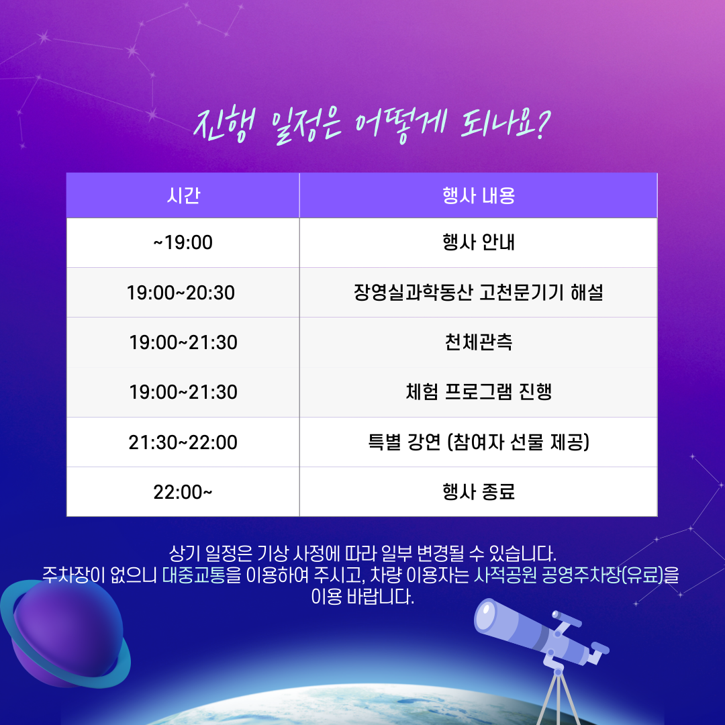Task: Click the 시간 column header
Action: (183, 195)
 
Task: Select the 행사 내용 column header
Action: (479, 195)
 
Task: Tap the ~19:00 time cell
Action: (183, 243)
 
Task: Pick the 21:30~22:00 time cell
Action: (183, 442)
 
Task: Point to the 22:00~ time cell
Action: (183, 492)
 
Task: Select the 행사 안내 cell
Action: (479, 243)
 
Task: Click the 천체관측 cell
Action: (479, 342)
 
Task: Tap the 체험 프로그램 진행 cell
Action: (479, 393)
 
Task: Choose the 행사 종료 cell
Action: (479, 492)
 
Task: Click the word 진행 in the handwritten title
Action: (224, 125)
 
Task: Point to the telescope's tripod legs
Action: (559, 697)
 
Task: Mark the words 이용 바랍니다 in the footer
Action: (362, 597)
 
